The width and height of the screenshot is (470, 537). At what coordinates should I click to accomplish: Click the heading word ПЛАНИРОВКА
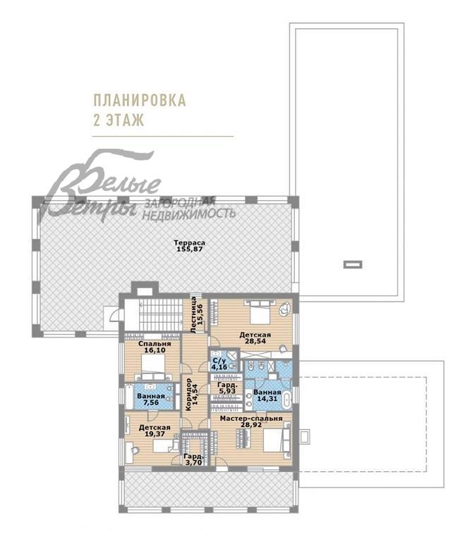coord(140,100)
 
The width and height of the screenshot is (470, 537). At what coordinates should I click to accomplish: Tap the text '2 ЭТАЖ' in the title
coord(118,120)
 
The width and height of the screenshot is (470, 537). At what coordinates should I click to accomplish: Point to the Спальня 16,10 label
coord(145,346)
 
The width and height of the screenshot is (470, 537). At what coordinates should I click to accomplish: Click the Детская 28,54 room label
coord(252,339)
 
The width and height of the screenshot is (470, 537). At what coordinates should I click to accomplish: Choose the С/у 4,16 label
coord(219,364)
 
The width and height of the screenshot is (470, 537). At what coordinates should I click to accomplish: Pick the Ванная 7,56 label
coord(151,400)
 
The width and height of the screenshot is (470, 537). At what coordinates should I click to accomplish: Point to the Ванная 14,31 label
coord(267,395)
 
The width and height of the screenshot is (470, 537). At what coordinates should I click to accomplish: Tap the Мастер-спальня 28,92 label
coord(251,422)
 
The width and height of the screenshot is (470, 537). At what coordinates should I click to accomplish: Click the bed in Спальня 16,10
coord(153,364)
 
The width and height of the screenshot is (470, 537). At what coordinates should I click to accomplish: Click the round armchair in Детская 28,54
coord(284,307)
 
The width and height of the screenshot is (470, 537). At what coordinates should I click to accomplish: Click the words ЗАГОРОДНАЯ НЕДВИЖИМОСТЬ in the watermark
coord(190,208)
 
